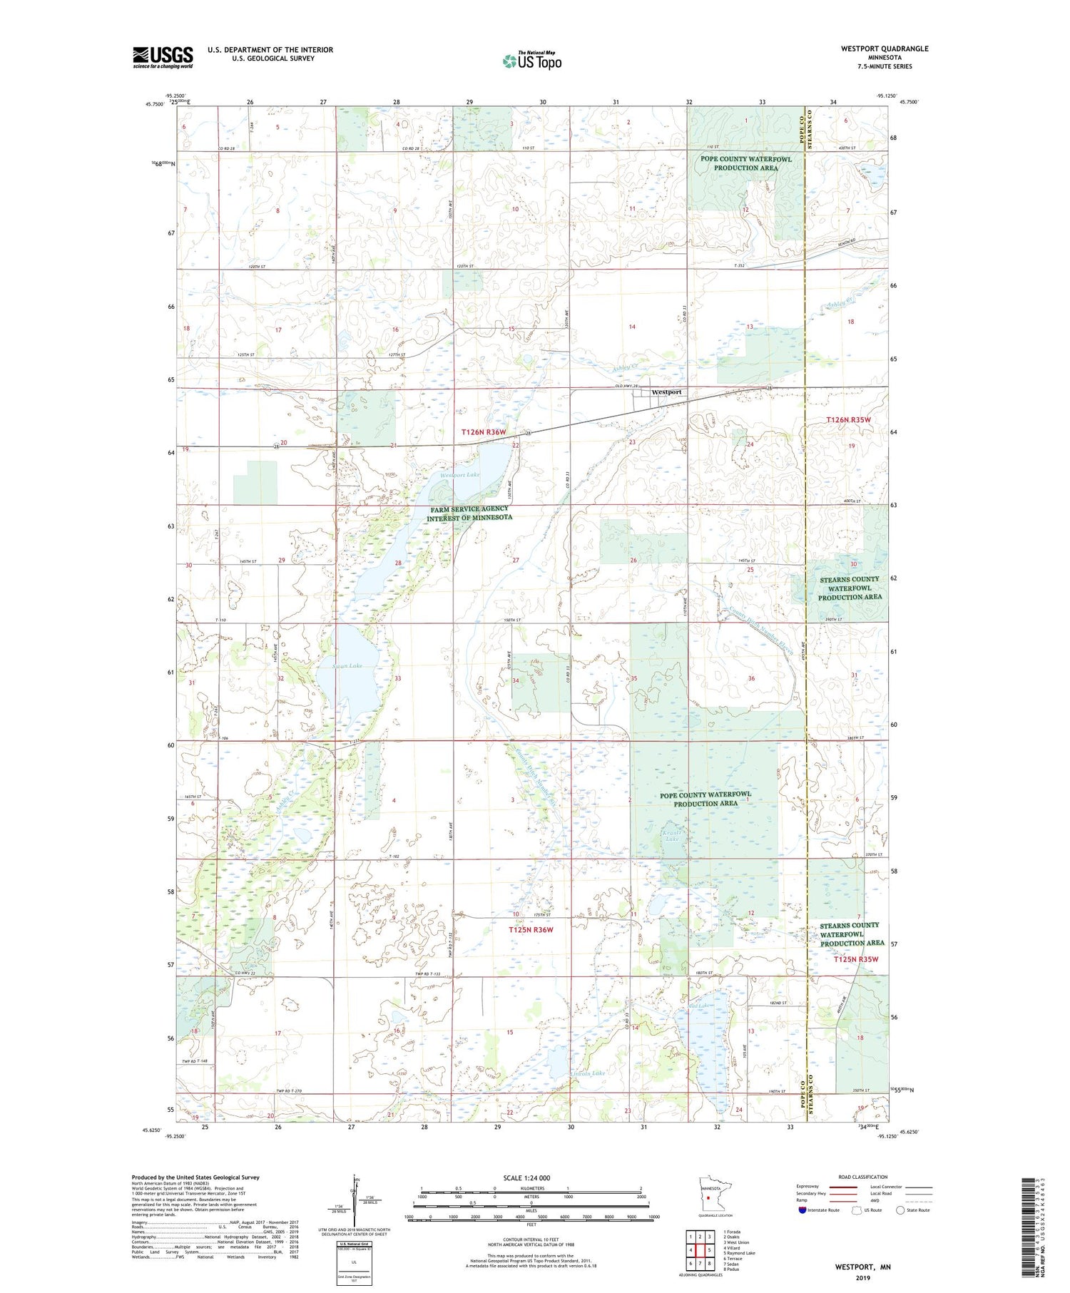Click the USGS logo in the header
(x=163, y=57)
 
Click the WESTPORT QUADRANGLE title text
(x=885, y=48)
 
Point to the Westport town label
(x=666, y=392)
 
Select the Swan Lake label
(x=347, y=665)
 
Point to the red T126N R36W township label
(x=483, y=432)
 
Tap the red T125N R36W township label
(x=531, y=930)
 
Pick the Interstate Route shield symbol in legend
(x=803, y=1210)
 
